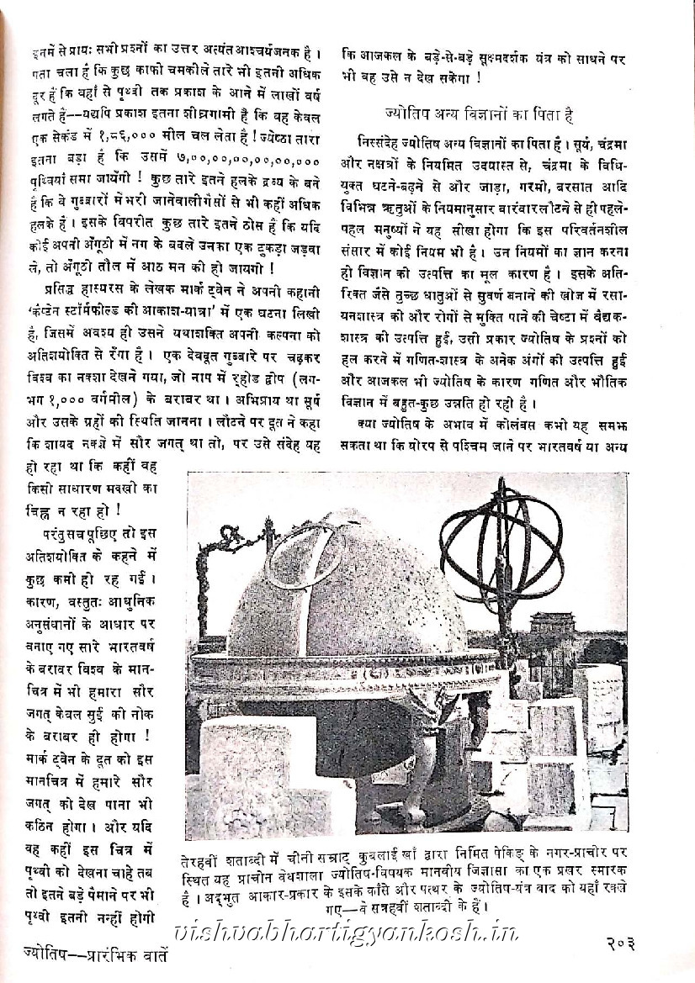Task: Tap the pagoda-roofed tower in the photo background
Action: [x=552, y=626]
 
